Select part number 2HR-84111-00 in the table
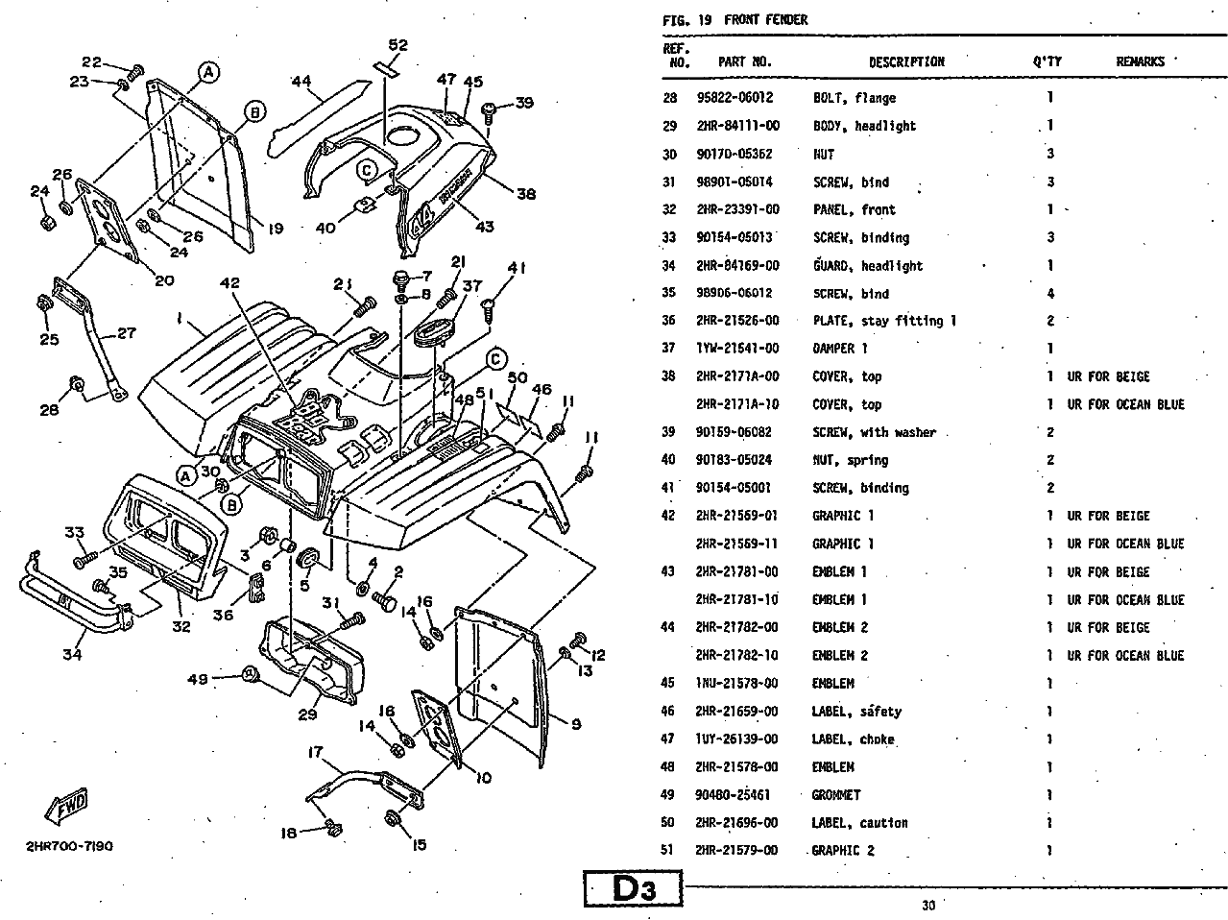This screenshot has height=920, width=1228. pos(737,126)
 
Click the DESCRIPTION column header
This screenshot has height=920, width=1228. pos(906,62)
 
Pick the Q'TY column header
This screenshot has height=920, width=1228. pos(1047,62)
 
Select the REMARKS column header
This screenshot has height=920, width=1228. pos(1140,62)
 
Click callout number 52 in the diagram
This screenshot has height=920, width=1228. pos(397,45)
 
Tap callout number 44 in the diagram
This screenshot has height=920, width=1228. pos(301,82)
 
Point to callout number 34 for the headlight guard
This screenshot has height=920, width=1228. pos(72,655)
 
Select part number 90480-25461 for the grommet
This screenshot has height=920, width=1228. pos(737,795)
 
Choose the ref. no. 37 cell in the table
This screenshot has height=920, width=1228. pos(669,349)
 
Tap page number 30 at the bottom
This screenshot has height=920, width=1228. pos(927,904)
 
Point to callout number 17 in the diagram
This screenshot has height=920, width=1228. pos(316,752)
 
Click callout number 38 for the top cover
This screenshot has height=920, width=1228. pos(526,194)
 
